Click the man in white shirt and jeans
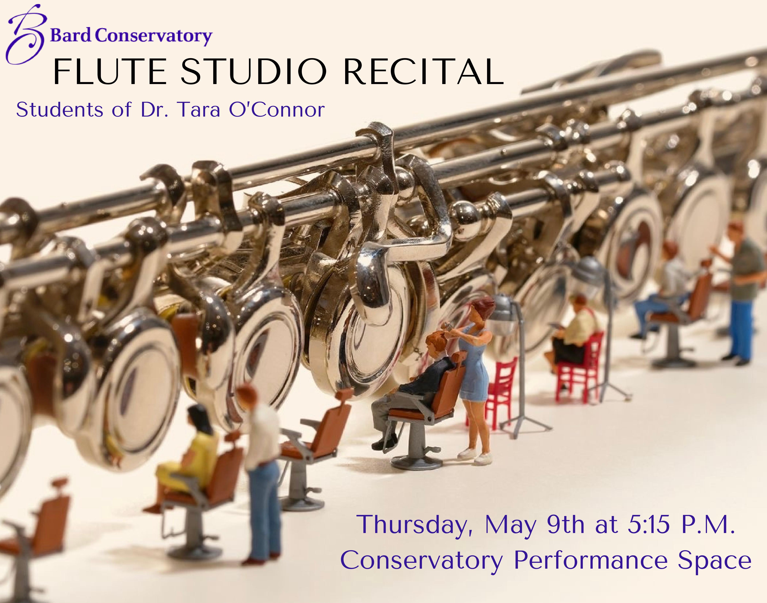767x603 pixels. click(261, 473)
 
